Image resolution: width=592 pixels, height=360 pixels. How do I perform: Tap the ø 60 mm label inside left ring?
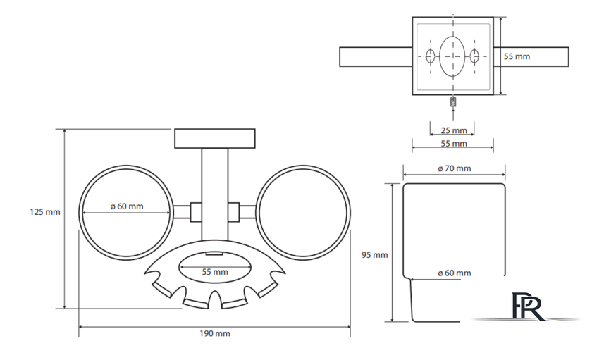(x=127, y=206)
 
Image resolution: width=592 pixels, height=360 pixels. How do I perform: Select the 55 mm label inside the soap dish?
(x=215, y=271)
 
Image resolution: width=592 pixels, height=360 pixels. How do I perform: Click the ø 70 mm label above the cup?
(x=454, y=168)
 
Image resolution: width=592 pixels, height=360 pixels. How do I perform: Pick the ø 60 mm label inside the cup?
(x=454, y=273)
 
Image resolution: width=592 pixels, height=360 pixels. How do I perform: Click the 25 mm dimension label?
(x=454, y=130)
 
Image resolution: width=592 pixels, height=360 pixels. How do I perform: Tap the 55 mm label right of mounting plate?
(x=517, y=56)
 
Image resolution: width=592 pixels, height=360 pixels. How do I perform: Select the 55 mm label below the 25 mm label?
(x=454, y=144)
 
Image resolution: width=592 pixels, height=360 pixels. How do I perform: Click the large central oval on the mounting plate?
(x=452, y=56)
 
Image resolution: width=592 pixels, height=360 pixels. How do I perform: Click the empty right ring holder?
(x=302, y=212)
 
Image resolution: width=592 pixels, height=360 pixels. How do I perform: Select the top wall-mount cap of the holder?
(x=216, y=139)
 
